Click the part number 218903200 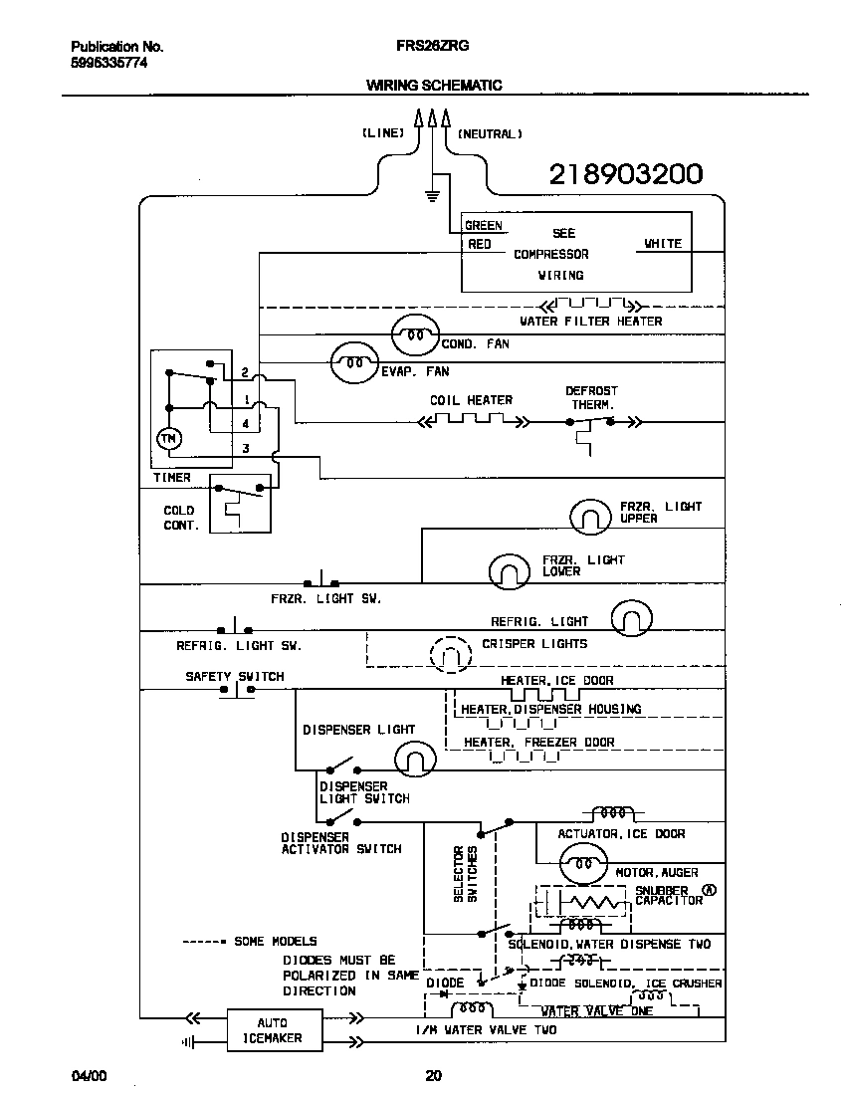click(626, 175)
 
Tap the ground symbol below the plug click(432, 193)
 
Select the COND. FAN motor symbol click(413, 334)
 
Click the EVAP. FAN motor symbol click(353, 363)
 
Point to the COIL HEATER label click(471, 400)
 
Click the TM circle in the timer click(168, 438)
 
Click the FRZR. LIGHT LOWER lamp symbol click(510, 570)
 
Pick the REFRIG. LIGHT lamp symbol click(631, 619)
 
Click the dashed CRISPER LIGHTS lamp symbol click(449, 654)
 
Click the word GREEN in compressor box click(484, 226)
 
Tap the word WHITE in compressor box click(662, 243)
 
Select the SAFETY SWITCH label click(234, 676)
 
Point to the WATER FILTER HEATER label click(590, 322)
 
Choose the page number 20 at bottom click(433, 1075)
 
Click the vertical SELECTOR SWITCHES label click(466, 874)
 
